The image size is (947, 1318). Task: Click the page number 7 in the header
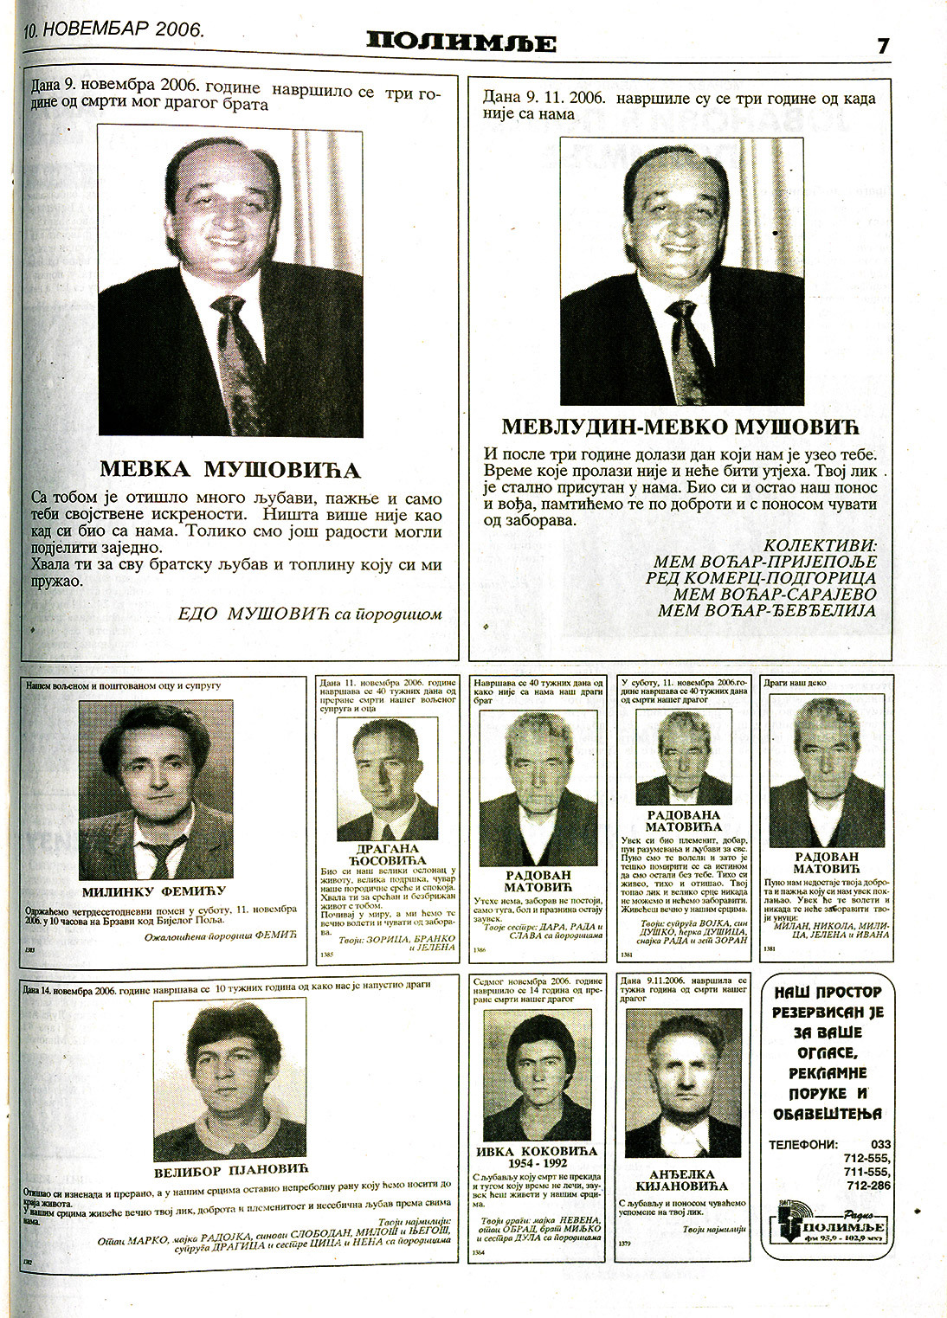[x=883, y=46]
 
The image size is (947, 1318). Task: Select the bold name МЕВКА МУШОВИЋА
[x=229, y=470]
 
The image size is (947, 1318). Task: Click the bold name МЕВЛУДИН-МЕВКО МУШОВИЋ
[x=678, y=427]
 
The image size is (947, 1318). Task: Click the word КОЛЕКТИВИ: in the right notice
[x=820, y=545]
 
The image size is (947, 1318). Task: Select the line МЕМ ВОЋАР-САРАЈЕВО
[x=765, y=594]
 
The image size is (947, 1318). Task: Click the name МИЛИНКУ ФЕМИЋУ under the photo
[x=153, y=891]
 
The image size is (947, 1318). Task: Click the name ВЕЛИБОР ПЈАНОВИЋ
[x=231, y=1172]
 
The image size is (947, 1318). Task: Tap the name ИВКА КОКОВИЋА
[x=537, y=1152]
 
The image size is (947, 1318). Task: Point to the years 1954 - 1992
[x=537, y=1163]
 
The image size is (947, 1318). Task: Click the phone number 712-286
[x=868, y=1186]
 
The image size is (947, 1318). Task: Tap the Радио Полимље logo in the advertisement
[x=828, y=1226]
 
